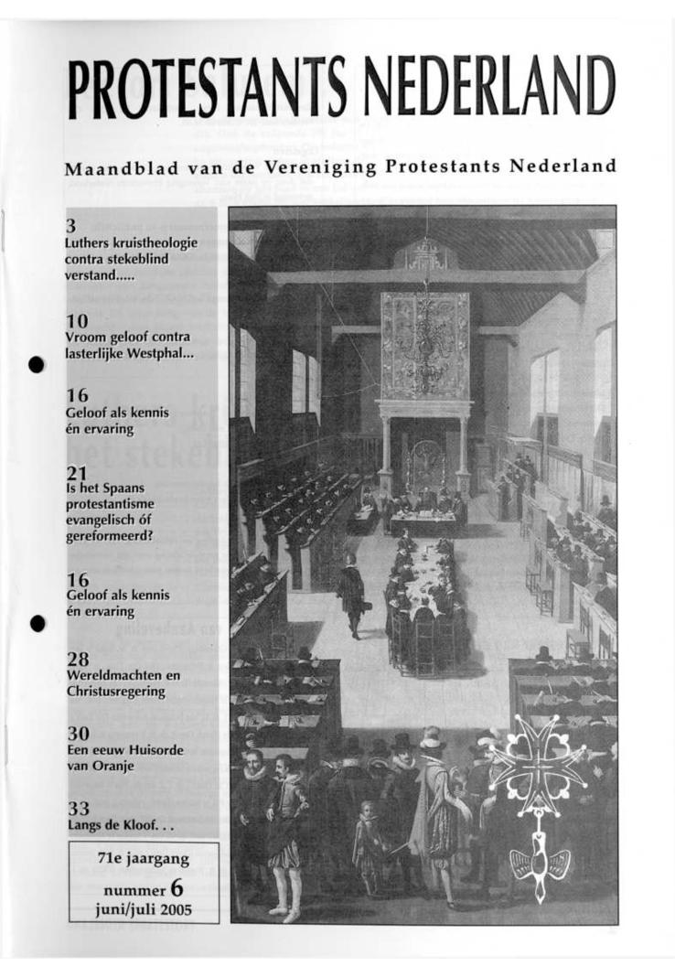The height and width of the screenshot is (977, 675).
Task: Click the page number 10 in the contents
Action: coord(78,321)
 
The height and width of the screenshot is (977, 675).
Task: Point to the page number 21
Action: coord(78,473)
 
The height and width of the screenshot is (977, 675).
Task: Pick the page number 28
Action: coord(78,660)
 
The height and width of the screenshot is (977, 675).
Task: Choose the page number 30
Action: coord(78,734)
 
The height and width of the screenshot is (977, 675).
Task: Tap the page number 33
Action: coord(78,808)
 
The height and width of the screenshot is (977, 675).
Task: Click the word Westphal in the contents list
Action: coord(164,353)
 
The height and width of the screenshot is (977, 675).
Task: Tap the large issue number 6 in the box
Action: coord(177,887)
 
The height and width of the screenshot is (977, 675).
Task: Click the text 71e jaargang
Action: coord(144,858)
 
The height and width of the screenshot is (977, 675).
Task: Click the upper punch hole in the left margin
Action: coord(37,364)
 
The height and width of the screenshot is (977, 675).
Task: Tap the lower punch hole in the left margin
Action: coord(37,623)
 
